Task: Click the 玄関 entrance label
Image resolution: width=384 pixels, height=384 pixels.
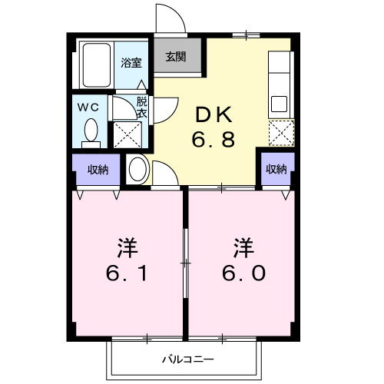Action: pyautogui.click(x=175, y=56)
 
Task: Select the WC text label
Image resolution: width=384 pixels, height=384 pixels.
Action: pyautogui.click(x=91, y=107)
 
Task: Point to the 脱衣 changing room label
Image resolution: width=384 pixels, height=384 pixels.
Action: pyautogui.click(x=142, y=107)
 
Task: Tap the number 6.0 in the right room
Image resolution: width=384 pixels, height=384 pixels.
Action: pyautogui.click(x=244, y=273)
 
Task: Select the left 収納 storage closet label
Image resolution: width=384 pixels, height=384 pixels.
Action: pyautogui.click(x=97, y=170)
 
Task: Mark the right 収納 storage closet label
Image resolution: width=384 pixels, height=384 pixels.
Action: pyautogui.click(x=276, y=169)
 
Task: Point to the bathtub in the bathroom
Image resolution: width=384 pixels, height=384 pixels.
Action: pyautogui.click(x=97, y=65)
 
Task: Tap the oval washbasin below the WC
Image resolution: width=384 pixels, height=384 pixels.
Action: pyautogui.click(x=138, y=168)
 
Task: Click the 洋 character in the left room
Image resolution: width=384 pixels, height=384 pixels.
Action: pyautogui.click(x=127, y=247)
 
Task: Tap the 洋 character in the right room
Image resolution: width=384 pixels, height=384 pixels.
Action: pyautogui.click(x=244, y=247)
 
